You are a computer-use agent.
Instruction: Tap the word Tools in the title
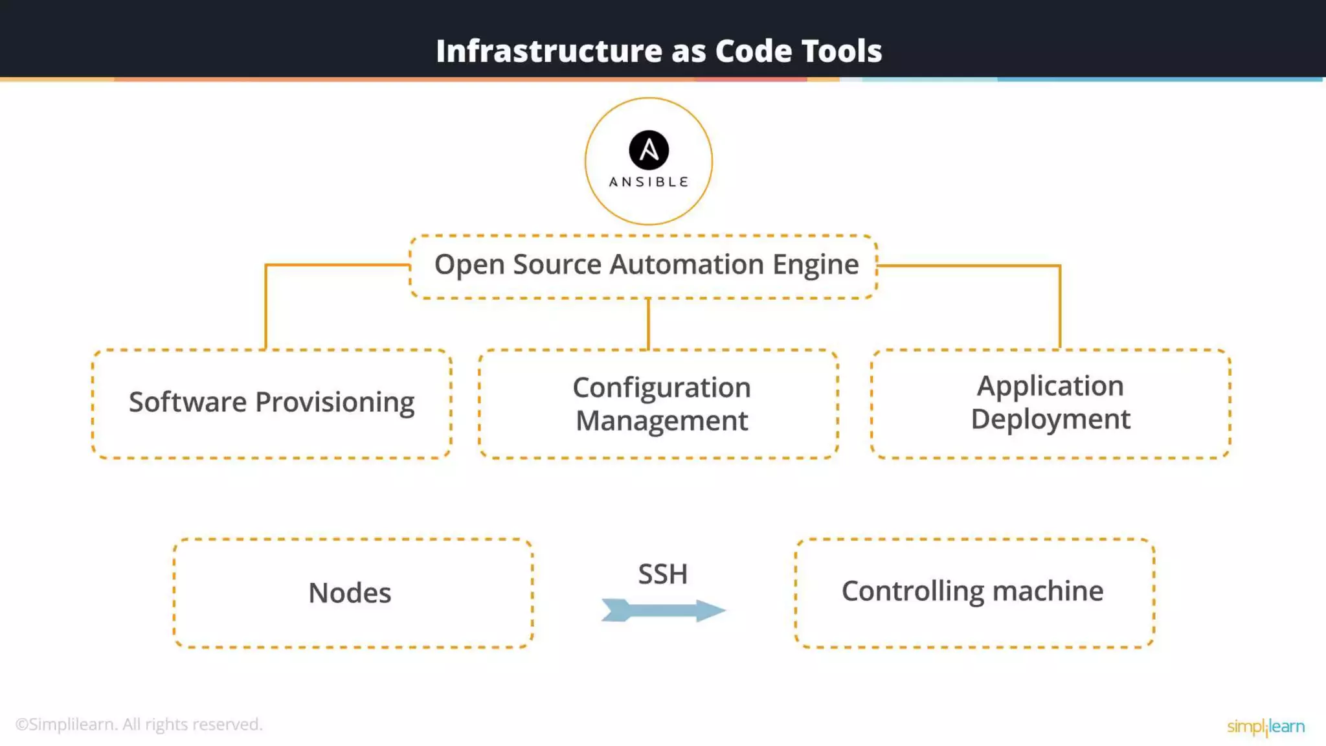click(x=841, y=51)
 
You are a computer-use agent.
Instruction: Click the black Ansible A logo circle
click(x=649, y=150)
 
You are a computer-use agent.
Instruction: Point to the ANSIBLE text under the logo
click(x=649, y=182)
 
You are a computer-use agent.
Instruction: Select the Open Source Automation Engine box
click(x=644, y=267)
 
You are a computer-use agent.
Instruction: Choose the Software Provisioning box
click(x=272, y=403)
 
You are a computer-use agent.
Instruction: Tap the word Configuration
click(x=661, y=387)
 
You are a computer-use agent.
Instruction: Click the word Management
click(x=661, y=421)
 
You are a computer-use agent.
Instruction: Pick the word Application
click(x=1050, y=386)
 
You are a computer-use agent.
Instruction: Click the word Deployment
click(x=1050, y=419)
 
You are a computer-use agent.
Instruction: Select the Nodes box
click(x=353, y=593)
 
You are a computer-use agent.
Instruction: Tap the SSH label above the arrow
click(x=662, y=574)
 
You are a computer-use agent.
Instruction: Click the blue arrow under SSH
click(x=663, y=610)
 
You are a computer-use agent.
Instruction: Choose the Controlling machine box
click(x=974, y=593)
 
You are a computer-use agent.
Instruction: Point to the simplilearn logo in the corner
click(x=1266, y=726)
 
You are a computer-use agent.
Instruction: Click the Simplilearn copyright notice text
click(x=139, y=724)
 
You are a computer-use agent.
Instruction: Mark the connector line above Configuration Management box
click(x=648, y=324)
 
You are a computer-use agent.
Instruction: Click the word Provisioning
click(x=335, y=402)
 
